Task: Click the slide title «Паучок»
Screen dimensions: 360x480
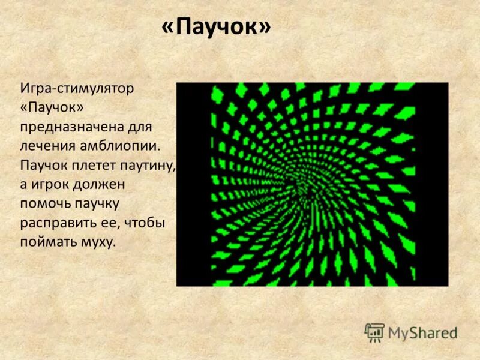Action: [x=216, y=28]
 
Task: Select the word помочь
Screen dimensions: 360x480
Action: [x=48, y=204]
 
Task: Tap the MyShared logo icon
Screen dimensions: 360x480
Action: [x=374, y=332]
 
